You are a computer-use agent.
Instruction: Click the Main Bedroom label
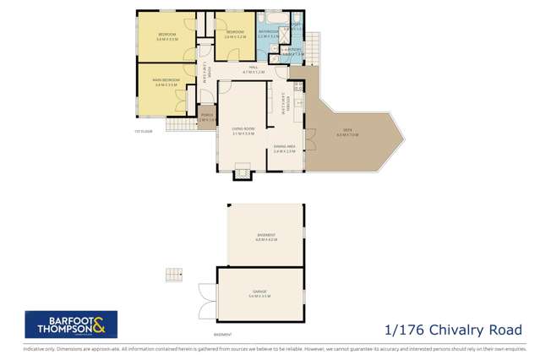(x=166, y=82)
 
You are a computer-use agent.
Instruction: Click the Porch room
(x=205, y=118)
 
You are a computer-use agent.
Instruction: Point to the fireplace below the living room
(x=243, y=175)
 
